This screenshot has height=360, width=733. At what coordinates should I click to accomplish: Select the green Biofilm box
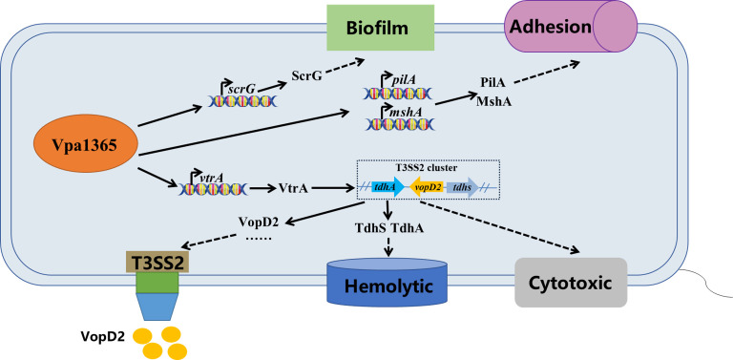click(380, 28)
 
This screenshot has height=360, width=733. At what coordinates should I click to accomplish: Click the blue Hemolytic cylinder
click(386, 281)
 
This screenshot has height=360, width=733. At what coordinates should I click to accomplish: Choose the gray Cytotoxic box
click(571, 283)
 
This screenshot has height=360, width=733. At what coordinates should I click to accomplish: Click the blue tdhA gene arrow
click(388, 188)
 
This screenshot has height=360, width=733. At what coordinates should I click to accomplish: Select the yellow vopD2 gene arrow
click(427, 188)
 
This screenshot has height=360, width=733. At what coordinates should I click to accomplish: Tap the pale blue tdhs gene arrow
click(462, 188)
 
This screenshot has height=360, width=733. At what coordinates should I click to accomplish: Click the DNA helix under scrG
click(242, 100)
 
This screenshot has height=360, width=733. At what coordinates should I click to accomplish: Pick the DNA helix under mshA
click(399, 123)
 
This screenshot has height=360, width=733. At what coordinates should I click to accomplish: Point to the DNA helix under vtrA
click(214, 189)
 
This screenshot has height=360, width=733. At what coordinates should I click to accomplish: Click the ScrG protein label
click(306, 74)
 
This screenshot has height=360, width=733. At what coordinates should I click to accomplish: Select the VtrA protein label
click(293, 188)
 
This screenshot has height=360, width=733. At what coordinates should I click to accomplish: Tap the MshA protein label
click(493, 101)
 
